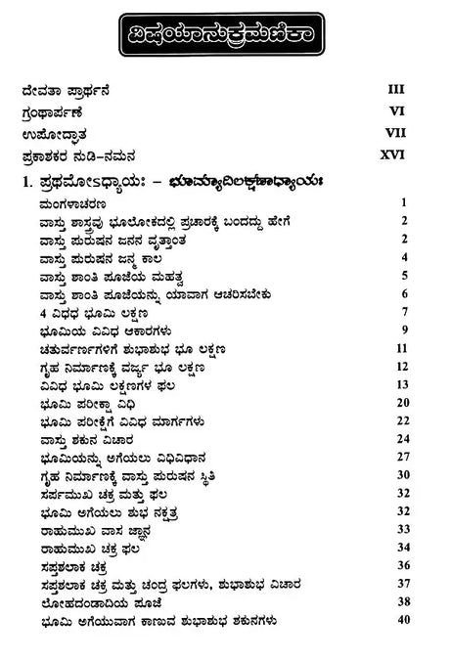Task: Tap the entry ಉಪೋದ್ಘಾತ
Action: click(53, 134)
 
